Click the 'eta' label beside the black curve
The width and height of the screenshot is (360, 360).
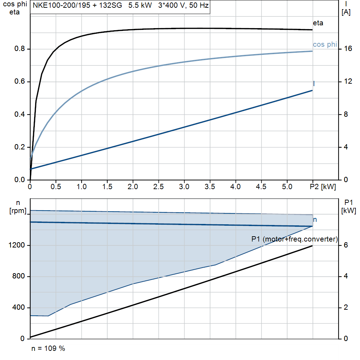tap(318, 23)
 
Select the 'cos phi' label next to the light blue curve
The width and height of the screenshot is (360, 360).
tap(325, 44)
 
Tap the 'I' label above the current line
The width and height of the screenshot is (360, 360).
tap(314, 84)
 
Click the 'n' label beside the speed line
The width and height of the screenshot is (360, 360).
tap(315, 220)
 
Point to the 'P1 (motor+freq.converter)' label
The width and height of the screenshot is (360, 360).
tap(295, 239)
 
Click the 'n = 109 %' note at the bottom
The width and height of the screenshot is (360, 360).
tap(48, 348)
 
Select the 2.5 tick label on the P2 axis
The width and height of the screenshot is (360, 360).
tap(159, 187)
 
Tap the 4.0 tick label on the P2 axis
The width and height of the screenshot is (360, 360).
tap(236, 187)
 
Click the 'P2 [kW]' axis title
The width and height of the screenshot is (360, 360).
tap(323, 187)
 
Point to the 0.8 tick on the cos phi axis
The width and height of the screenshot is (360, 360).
tap(20, 49)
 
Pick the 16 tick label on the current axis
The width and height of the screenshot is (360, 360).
tap(348, 49)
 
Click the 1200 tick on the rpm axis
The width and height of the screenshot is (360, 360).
tap(17, 245)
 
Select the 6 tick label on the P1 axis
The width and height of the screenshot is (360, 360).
tap(346, 245)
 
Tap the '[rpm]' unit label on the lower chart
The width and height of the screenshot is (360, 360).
tap(18, 211)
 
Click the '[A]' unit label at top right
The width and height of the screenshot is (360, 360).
tap(346, 12)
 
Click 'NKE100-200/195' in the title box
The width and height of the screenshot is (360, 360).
tap(62, 5)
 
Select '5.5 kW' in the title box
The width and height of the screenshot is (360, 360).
tap(140, 5)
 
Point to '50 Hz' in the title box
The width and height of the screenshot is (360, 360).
tap(199, 5)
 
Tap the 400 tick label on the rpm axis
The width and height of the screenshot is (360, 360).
tap(19, 307)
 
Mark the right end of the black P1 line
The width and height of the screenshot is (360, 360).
tap(312, 246)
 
